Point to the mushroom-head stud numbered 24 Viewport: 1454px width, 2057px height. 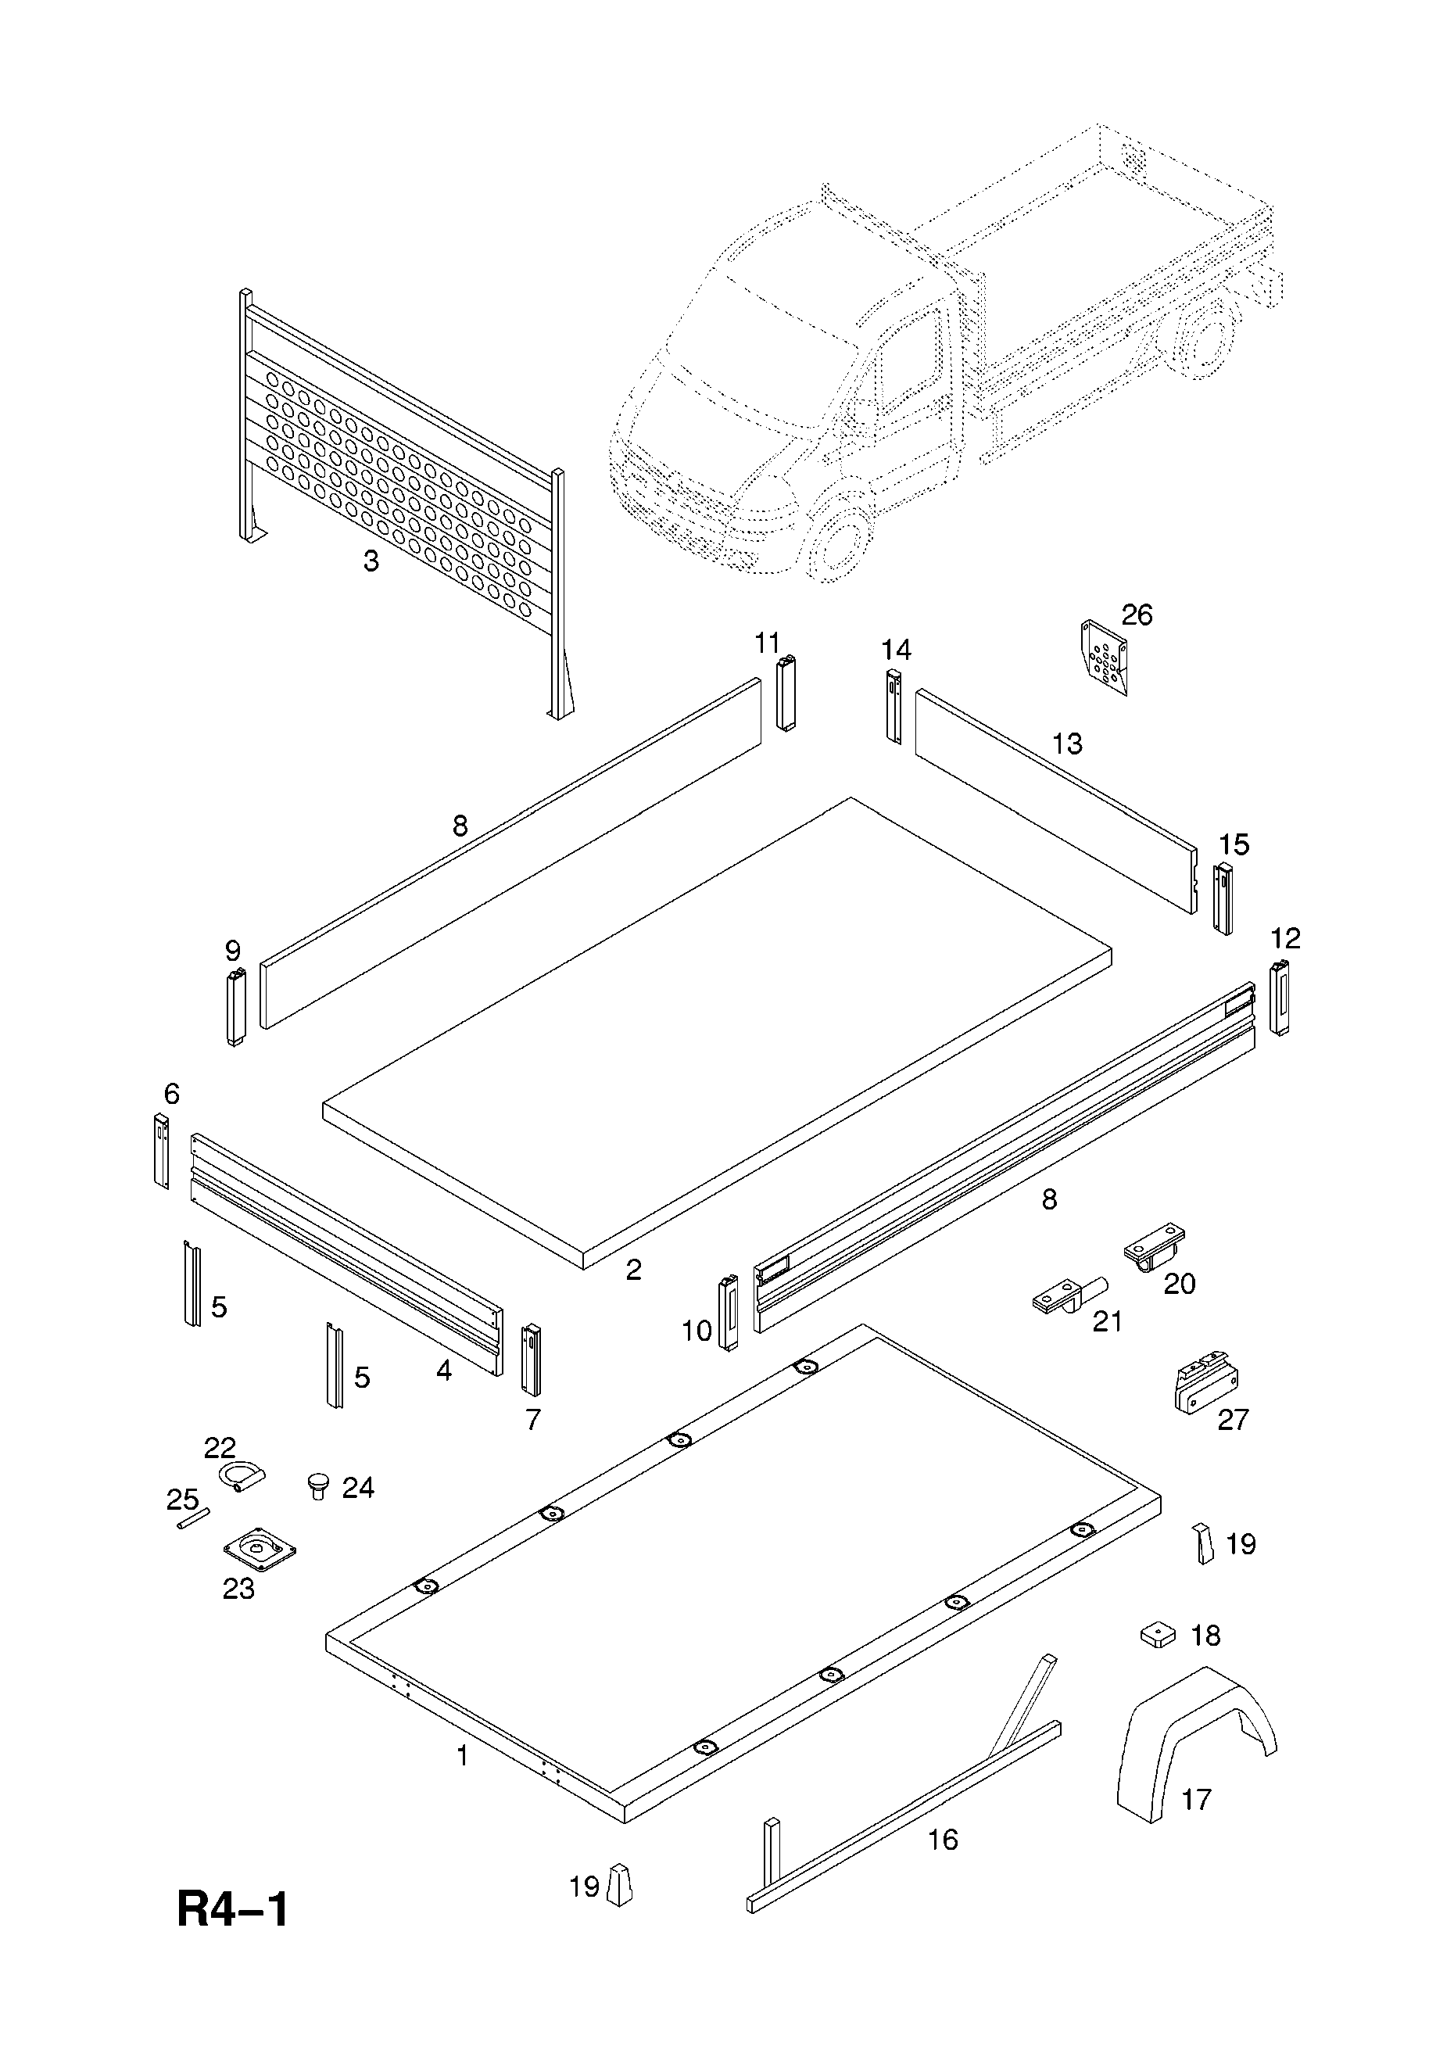[318, 1487]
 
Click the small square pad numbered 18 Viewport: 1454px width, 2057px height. [1158, 1635]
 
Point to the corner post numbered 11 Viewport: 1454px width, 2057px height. [786, 693]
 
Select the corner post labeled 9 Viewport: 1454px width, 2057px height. [235, 1007]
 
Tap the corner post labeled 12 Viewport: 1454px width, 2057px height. [1280, 996]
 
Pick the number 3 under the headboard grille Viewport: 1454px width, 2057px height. [371, 561]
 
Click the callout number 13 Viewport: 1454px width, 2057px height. [1067, 744]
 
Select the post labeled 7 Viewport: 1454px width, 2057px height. [532, 1359]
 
